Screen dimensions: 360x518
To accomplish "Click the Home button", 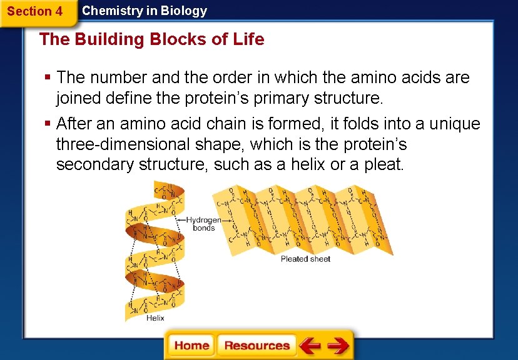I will [191, 345].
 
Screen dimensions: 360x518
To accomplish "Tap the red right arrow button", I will [338, 345].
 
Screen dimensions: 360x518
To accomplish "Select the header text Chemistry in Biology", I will [144, 11].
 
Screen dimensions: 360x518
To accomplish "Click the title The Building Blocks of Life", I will [151, 39].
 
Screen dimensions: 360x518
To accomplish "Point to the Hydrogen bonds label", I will [204, 224].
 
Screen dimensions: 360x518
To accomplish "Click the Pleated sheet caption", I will [305, 259].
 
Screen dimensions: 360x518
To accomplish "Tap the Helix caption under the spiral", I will [155, 317].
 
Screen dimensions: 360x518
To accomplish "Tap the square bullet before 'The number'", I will [48, 78].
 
